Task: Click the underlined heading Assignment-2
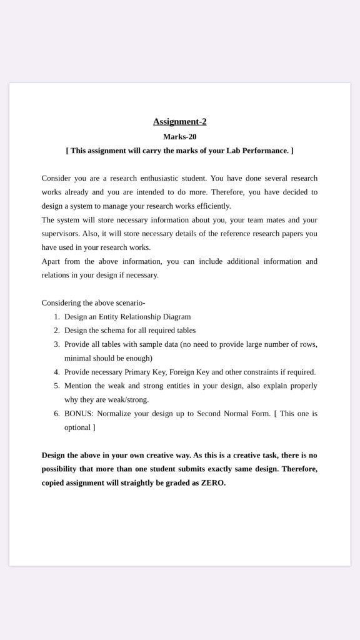tap(179, 122)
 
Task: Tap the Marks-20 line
tap(179, 136)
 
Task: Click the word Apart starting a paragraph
tap(52, 261)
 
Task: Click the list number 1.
tap(56, 317)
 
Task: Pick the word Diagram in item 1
tap(176, 317)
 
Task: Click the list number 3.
tap(56, 344)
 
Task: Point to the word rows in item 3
tap(307, 344)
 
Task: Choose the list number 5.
tap(56, 386)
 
